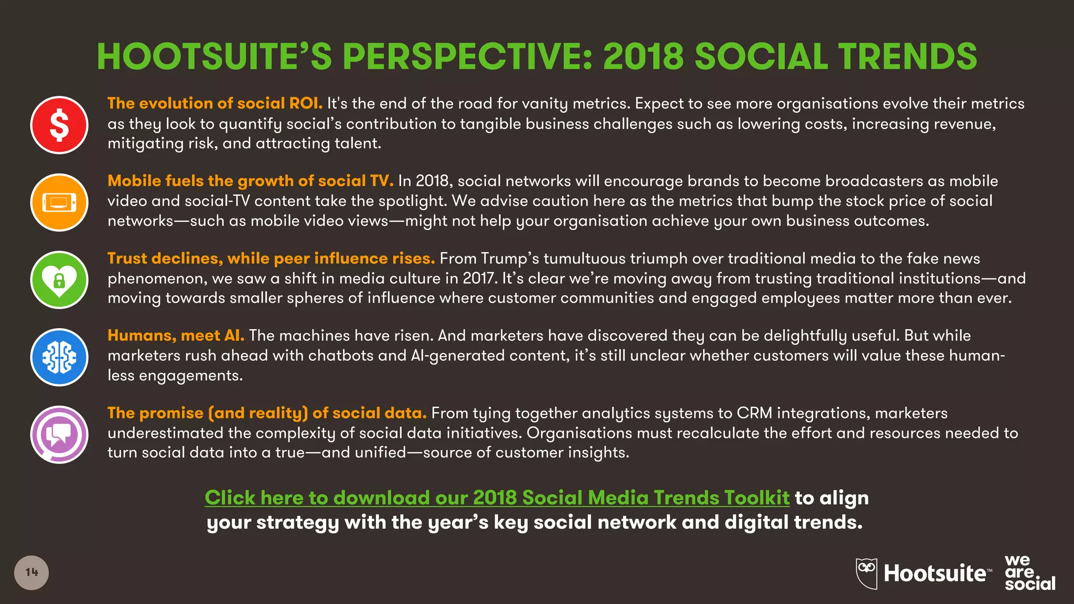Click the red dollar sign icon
click(x=59, y=125)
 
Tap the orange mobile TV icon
click(x=59, y=202)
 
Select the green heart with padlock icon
click(x=59, y=280)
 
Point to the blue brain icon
click(x=59, y=357)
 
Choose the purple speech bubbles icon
click(x=59, y=435)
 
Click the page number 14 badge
click(x=31, y=573)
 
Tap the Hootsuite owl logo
click(x=867, y=573)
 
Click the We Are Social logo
click(x=1029, y=573)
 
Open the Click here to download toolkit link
click(x=497, y=498)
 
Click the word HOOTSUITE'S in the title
click(x=214, y=57)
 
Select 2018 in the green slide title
click(x=643, y=57)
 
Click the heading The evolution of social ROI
click(x=215, y=103)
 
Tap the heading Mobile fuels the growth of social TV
click(x=250, y=181)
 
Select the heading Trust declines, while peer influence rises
click(x=271, y=258)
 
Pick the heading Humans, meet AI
click(x=176, y=336)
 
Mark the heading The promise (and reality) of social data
click(x=267, y=413)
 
